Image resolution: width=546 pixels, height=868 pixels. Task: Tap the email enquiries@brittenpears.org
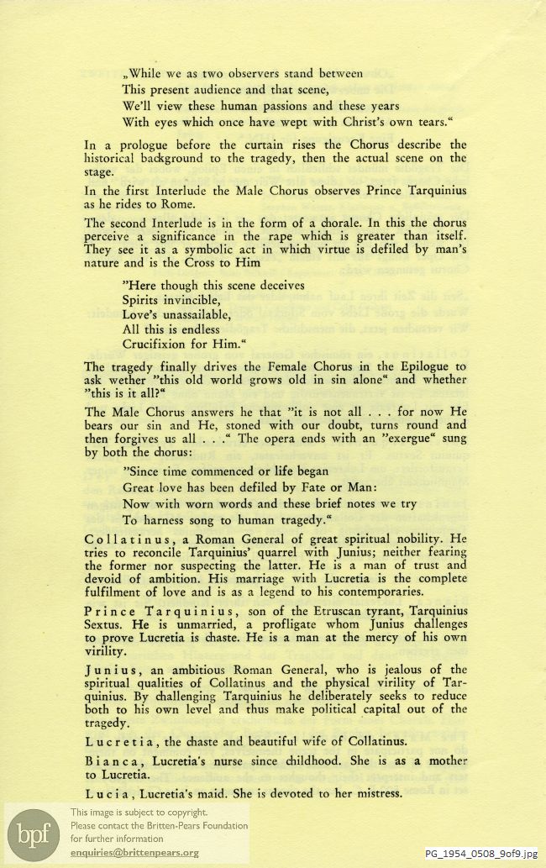tap(134, 853)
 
